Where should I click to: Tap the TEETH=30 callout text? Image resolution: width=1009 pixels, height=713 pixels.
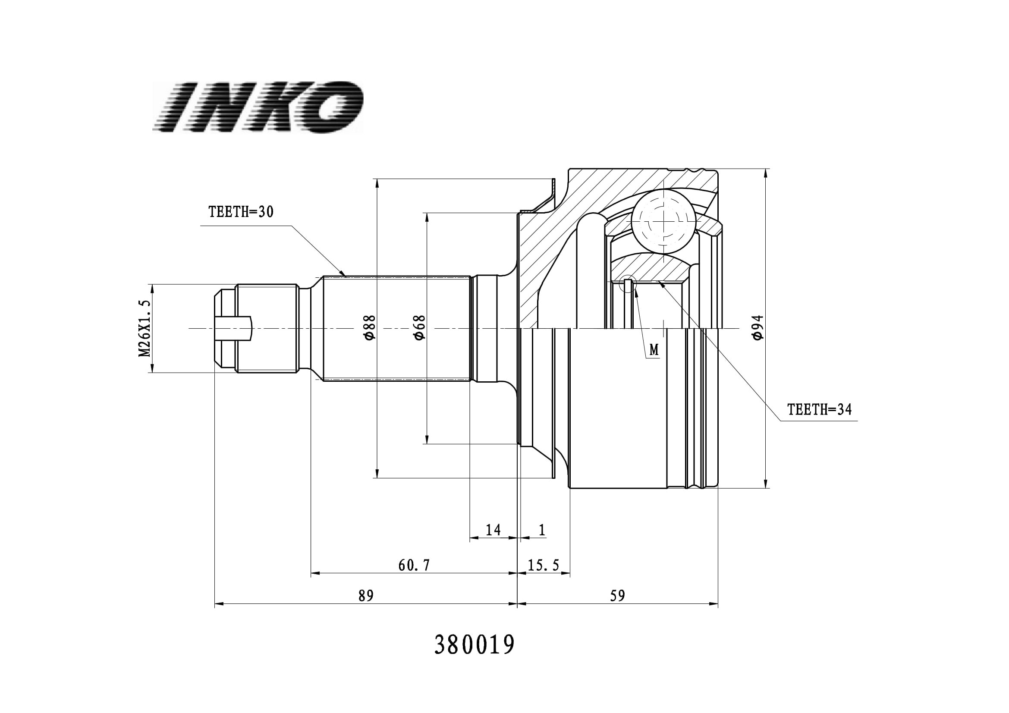[241, 212]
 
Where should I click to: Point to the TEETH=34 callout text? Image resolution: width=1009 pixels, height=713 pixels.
[819, 410]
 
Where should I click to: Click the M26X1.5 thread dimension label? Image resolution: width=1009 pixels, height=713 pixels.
[145, 329]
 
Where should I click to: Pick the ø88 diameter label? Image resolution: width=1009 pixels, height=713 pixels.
[369, 327]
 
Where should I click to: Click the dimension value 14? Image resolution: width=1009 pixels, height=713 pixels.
[493, 530]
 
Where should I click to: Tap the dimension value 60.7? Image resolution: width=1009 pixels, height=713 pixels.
[414, 565]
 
